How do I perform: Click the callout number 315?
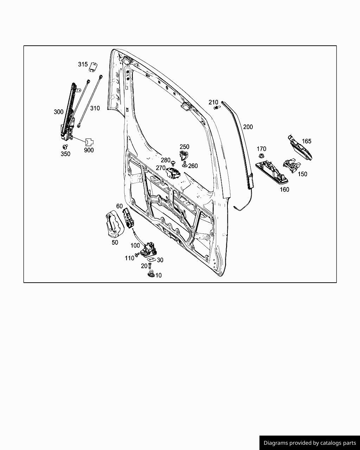tap(83, 64)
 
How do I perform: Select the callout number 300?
tap(59, 112)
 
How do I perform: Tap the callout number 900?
tap(89, 150)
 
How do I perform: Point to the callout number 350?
tap(65, 154)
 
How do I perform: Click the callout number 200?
tap(248, 127)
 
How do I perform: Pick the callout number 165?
tap(307, 141)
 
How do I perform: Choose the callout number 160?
tap(284, 189)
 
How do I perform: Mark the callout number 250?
tap(184, 147)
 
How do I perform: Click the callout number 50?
tap(115, 242)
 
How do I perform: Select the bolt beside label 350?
tap(65, 147)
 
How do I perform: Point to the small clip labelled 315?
tap(93, 66)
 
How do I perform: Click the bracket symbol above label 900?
tap(89, 142)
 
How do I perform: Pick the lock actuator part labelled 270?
tap(173, 173)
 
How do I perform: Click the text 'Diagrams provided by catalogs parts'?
tap(310, 443)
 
